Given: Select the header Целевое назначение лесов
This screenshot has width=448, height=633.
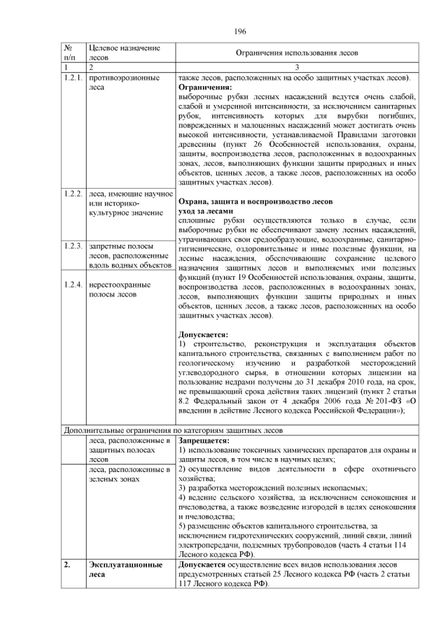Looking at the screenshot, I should [120, 53].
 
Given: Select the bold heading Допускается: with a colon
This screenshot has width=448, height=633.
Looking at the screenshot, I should [204, 334].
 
